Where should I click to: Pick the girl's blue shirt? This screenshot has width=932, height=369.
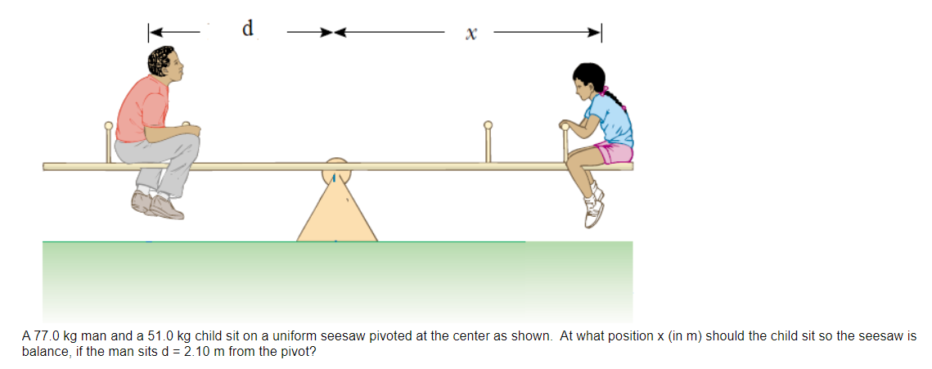click(614, 119)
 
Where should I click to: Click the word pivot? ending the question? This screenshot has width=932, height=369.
click(297, 352)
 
